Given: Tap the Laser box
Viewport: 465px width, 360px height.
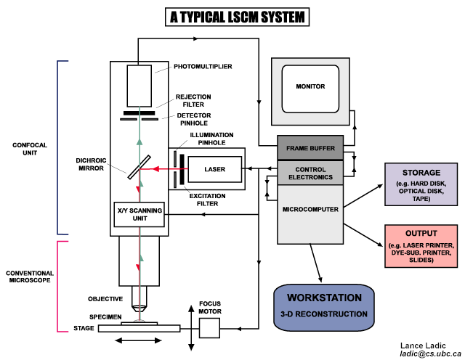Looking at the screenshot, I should pos(216,169).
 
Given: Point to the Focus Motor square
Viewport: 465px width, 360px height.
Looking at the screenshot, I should pos(209,327).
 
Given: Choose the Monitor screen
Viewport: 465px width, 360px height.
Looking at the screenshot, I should pos(310,87).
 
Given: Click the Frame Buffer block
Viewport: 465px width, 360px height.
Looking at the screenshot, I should pos(310,149).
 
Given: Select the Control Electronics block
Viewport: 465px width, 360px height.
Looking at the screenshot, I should pos(310,172).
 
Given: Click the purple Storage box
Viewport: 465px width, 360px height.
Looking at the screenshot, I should pos(421,184).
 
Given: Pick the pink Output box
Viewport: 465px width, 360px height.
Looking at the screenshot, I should pos(421,244).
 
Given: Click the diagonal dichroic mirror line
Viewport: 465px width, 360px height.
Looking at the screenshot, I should pos(139,165).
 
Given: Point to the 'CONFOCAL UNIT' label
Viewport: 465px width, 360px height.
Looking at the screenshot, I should pos(30,148).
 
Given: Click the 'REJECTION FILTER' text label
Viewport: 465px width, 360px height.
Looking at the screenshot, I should pos(193,100).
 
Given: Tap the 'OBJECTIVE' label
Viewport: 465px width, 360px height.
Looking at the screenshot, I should pos(105,298).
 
